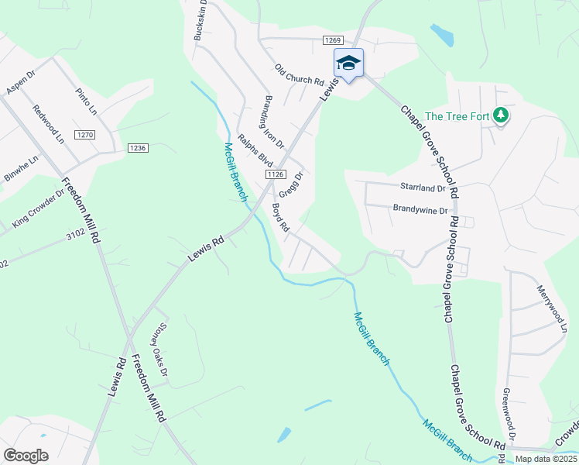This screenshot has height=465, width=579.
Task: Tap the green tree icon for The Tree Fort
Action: coord(502,115)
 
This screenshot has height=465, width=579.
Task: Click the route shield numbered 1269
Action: coord(333,40)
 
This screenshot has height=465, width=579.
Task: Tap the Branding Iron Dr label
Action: coord(275,122)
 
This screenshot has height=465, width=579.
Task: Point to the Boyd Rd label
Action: coord(280,218)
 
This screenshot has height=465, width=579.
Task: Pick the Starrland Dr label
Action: coord(423,188)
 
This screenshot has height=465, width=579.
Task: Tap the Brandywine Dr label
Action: coord(420,210)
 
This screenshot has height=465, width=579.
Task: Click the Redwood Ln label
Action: coord(48,124)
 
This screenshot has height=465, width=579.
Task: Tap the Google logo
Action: coord(26,455)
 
